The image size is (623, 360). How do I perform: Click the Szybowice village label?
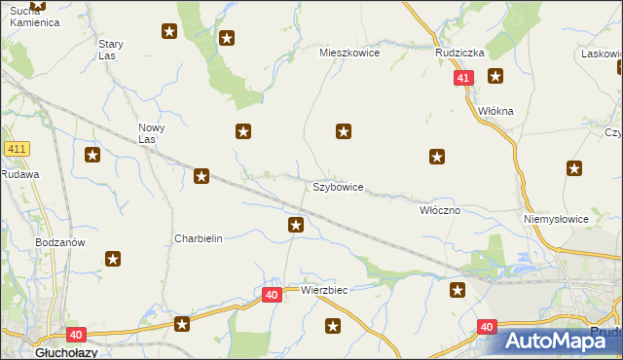[338, 186]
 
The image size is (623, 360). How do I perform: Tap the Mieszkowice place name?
[349, 54]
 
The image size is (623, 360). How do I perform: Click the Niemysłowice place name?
[556, 219]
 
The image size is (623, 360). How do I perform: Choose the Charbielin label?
[199, 238]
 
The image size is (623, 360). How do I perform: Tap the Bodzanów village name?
[60, 242]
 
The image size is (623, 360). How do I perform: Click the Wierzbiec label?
[324, 290]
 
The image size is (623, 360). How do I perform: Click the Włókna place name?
[495, 111]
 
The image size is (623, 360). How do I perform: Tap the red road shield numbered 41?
[463, 77]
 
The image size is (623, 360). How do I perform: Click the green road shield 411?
[16, 149]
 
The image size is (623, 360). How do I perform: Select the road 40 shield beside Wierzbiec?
[272, 293]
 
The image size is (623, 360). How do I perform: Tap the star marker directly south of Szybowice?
[296, 226]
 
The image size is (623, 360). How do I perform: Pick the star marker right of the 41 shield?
[495, 77]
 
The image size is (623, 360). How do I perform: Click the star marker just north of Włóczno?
[438, 156]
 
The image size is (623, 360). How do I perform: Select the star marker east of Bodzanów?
[113, 259]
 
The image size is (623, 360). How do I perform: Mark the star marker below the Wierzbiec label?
[333, 327]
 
